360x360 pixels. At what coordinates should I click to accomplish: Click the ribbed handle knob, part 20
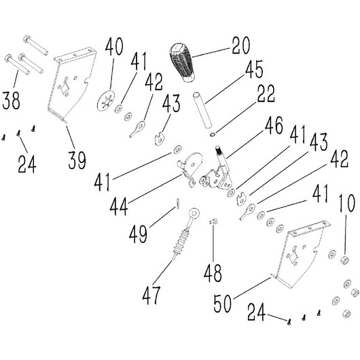coord(183,62)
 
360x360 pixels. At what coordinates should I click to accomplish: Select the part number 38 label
coord(11,101)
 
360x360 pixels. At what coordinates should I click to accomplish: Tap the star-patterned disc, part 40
coord(106,101)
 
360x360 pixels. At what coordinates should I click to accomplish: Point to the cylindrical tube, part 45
coord(202,110)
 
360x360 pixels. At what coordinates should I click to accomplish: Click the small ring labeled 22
coord(213,134)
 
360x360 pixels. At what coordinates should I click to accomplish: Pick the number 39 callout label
coord(77,160)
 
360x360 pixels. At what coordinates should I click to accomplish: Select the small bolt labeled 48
coord(213,222)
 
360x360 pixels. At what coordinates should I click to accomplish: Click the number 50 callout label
coord(223,303)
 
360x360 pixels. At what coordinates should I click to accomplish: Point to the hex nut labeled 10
coord(344,260)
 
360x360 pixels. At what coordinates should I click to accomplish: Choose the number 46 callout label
coord(274,126)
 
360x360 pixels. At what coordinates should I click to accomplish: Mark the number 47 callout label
coord(151,295)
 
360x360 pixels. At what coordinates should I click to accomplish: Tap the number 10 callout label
coord(346,203)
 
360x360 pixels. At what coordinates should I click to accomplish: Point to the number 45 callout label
coord(254,69)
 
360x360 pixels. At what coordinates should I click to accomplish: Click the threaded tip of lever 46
coord(217,150)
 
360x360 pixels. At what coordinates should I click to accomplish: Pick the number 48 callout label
coord(213,272)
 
